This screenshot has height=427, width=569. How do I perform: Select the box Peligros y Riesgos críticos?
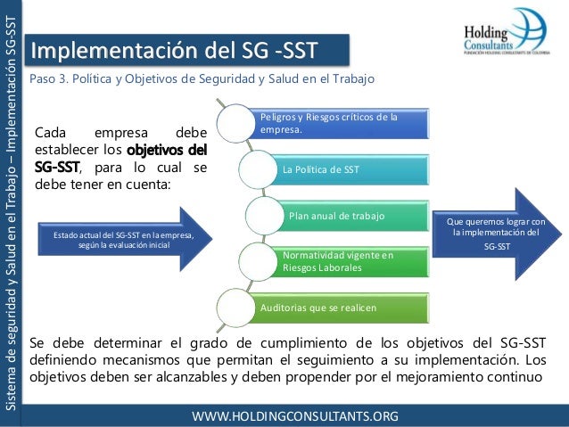point(330,125)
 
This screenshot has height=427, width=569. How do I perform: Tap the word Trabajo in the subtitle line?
point(352,79)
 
